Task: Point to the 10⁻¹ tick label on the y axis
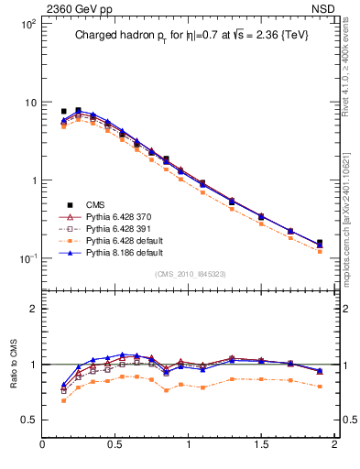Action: coord(27,258)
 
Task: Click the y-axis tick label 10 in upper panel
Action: coord(29,102)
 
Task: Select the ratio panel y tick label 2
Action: coord(32,309)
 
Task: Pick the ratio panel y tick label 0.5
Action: coord(28,420)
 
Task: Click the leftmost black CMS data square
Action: coord(63,111)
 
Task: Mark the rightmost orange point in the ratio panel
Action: coord(320,387)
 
